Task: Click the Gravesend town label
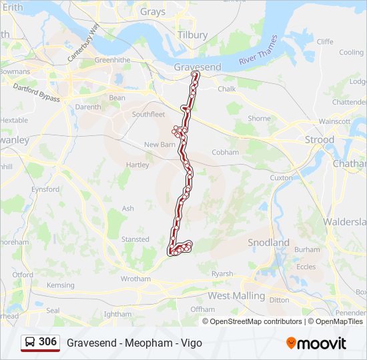coord(197,67)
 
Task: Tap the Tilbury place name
coord(193,35)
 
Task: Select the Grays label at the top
coord(153,11)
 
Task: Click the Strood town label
coord(319,140)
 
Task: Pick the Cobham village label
coord(225,152)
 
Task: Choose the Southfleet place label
coord(148,115)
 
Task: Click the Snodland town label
coord(268,243)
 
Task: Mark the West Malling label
coord(236,295)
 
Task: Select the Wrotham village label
coord(135,279)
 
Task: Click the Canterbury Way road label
coord(83,42)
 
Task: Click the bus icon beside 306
coord(30,343)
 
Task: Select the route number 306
coord(48,342)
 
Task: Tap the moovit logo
coord(316,343)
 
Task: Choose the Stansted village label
coord(135,239)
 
